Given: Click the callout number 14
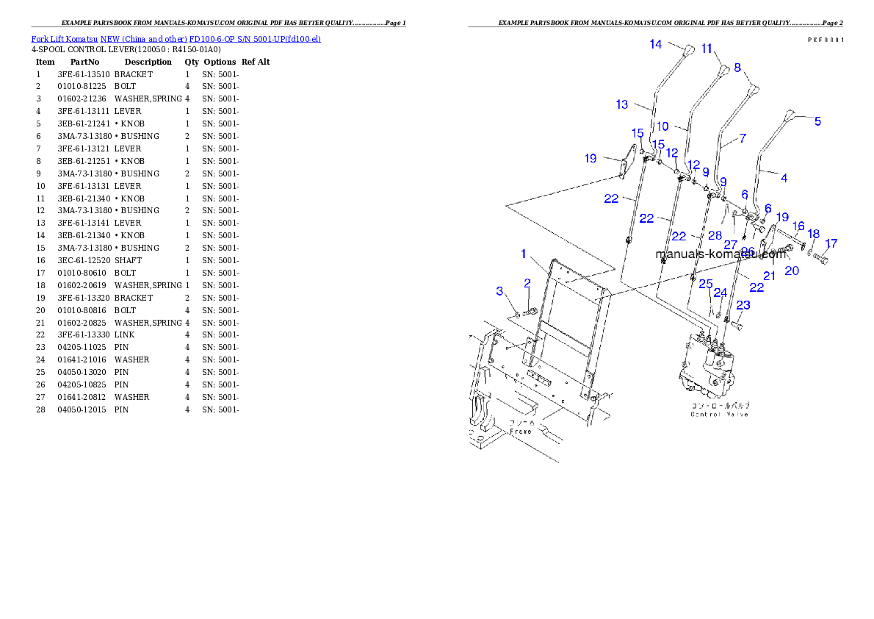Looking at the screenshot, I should coord(655,44).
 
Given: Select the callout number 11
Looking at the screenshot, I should coord(707,49).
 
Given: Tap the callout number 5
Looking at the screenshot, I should coord(817,122).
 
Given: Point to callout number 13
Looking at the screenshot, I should coord(622,104).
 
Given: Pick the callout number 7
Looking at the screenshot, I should coord(743,138).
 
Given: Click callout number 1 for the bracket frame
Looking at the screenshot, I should coord(524,254).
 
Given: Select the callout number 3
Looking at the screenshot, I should coord(500,291).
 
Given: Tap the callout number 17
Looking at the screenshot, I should coord(831,243).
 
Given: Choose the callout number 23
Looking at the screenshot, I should coord(743,305).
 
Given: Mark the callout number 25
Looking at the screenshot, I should coord(706,284).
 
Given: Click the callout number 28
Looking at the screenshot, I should coord(715,235).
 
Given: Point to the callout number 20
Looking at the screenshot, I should coord(792,271).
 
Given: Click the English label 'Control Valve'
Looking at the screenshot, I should coord(719,415).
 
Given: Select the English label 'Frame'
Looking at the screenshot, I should coord(521,431).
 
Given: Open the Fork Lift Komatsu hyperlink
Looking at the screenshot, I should coord(176,39).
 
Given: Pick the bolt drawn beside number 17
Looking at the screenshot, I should coord(820,259).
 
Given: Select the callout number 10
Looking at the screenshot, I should coord(662,126).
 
